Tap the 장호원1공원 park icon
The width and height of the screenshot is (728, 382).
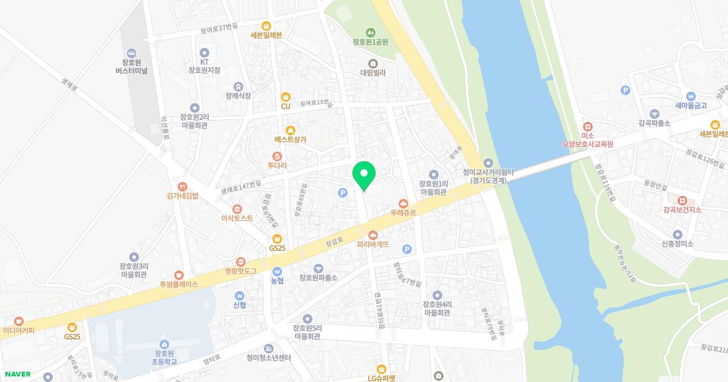point(370,32)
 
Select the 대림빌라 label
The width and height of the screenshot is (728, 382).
point(372,72)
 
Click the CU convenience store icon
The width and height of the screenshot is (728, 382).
point(286,96)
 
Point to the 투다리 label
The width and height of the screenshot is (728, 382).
point(277,166)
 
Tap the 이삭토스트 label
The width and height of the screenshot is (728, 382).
point(237,218)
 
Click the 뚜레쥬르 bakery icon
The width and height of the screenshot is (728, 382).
point(403,203)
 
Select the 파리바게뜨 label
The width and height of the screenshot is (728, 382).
point(373,244)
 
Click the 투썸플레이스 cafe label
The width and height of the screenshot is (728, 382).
point(179,284)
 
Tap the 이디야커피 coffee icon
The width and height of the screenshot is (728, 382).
point(18,320)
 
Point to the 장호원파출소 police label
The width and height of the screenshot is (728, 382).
point(318,278)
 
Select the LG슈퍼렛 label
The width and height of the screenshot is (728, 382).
point(381,378)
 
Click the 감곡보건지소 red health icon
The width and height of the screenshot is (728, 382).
point(682,199)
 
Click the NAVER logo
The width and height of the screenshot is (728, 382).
point(18,374)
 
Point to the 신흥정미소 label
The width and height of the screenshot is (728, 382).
point(678,244)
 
